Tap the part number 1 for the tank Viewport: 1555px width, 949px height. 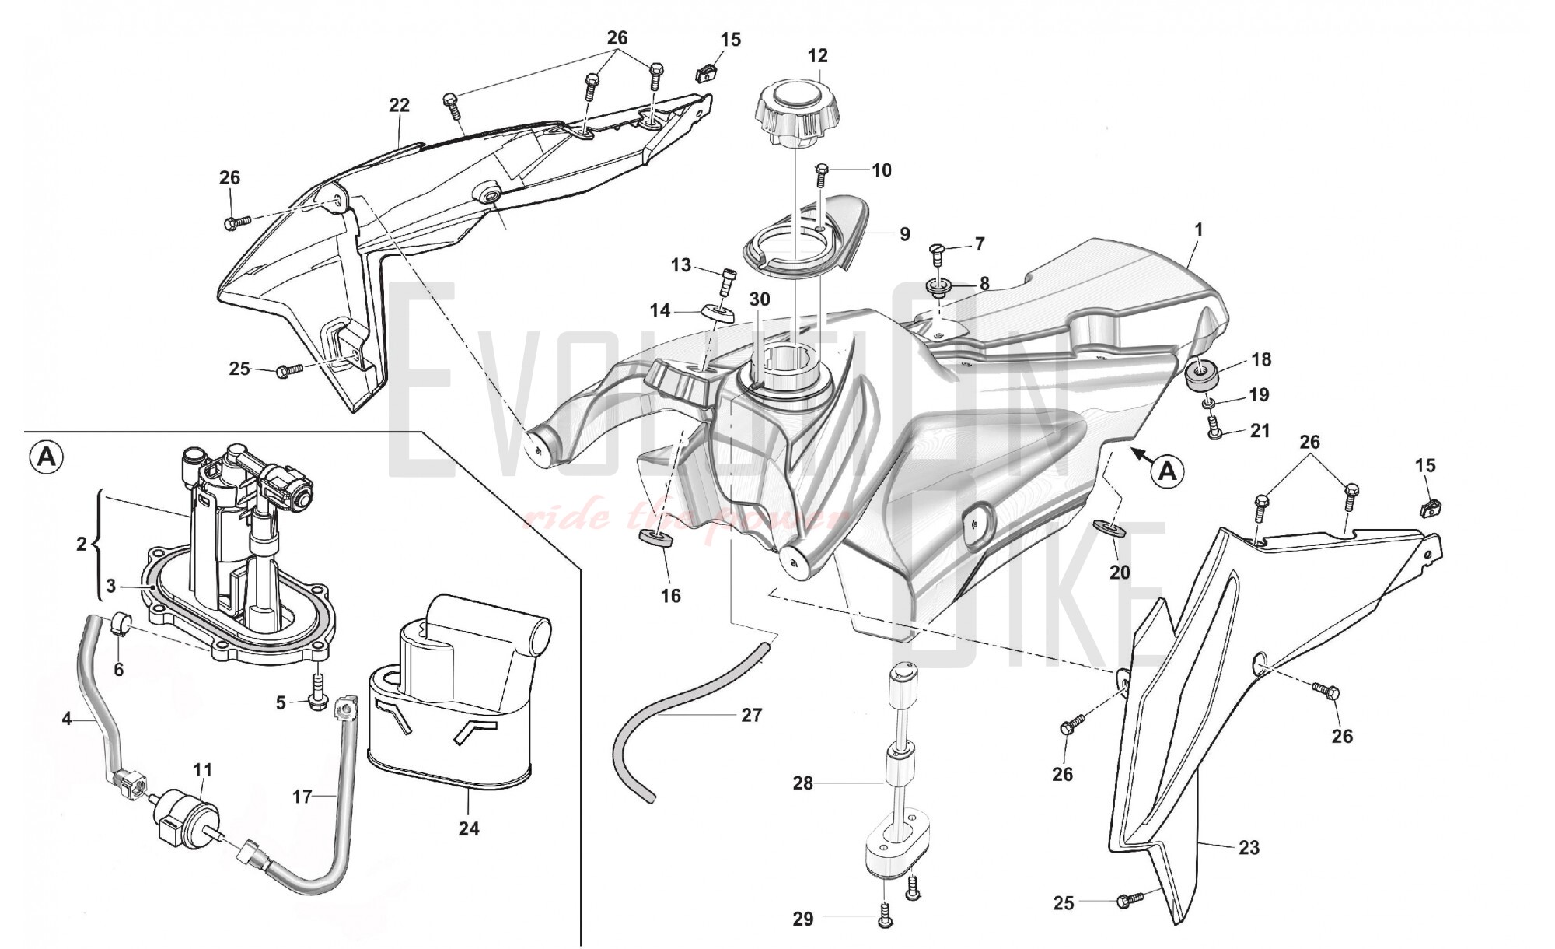click(1198, 230)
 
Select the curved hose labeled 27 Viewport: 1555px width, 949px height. click(684, 712)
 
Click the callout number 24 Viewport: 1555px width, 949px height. click(469, 828)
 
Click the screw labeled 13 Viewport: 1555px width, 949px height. click(726, 276)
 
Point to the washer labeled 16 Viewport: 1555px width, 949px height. click(655, 538)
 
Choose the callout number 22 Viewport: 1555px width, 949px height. click(399, 105)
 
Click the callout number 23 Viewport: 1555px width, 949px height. click(1249, 847)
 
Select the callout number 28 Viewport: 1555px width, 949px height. click(802, 783)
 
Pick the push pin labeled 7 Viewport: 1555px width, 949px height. click(938, 252)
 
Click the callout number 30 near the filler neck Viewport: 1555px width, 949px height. click(759, 299)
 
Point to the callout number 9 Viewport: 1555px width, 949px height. click(904, 233)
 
